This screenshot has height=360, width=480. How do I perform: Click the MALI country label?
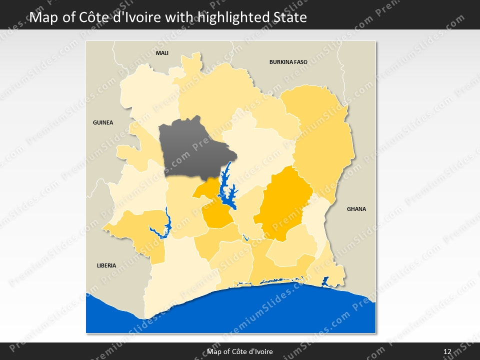pos(162,52)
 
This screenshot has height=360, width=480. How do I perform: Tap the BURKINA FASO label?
pos(288,62)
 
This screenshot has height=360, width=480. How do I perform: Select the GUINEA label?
pos(103,122)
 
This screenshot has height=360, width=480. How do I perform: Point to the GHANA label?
pos(356,209)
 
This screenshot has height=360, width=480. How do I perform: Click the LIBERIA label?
pos(106,265)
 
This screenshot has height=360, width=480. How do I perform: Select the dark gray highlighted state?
pos(190,147)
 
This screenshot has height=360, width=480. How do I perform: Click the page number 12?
pos(447,351)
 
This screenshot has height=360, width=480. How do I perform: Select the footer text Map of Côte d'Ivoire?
pos(240,351)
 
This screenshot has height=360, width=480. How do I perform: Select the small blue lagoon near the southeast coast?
pos(325,281)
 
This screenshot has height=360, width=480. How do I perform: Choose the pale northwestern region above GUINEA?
pos(147,95)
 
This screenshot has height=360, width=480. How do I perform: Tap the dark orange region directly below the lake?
pos(217,216)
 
